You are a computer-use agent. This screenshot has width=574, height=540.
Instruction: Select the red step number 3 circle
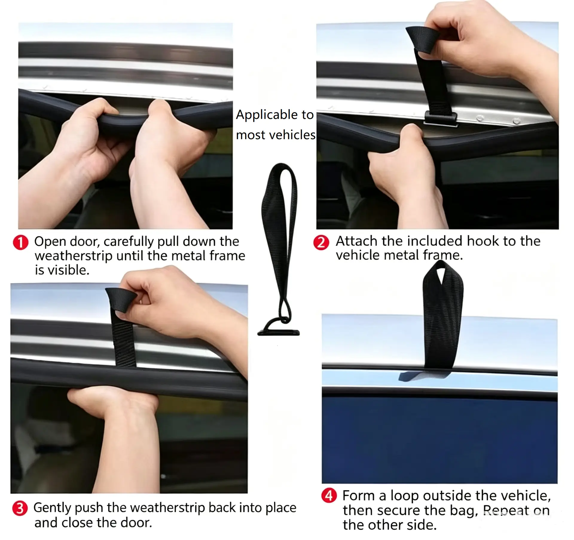20,508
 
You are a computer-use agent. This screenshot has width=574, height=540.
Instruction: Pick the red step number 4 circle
329,496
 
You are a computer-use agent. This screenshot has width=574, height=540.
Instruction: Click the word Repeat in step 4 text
506,510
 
